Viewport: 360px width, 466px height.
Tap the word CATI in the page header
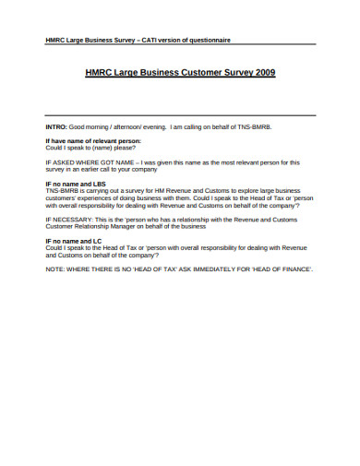click(151, 41)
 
